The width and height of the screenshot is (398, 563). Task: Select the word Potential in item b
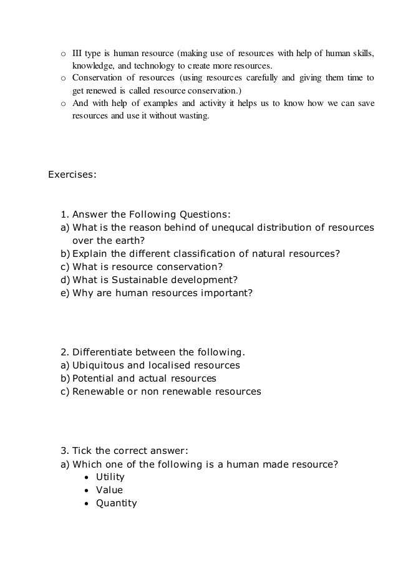coord(94,378)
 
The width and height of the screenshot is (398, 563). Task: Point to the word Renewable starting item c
coord(97,392)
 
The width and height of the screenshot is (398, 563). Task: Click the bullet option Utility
coord(110,477)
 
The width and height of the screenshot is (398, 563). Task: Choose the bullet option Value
coord(109,490)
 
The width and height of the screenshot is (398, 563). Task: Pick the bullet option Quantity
coord(116,503)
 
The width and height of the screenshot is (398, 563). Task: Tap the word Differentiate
coord(106,351)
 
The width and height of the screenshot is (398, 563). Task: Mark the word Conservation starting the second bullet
coord(99,78)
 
